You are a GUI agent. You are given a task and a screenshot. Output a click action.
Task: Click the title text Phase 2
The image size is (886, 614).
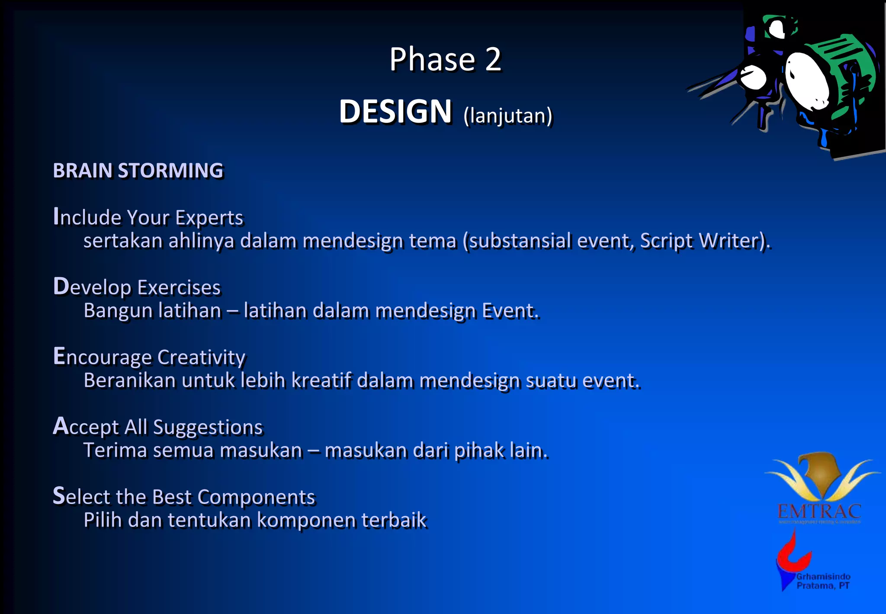click(x=445, y=59)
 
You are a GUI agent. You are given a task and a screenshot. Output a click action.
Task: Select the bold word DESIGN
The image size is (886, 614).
click(x=395, y=112)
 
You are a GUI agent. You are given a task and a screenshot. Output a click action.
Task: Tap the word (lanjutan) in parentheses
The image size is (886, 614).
click(x=508, y=116)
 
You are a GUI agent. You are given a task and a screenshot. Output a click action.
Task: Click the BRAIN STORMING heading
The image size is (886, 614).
click(x=138, y=171)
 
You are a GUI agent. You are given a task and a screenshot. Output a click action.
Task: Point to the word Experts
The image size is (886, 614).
click(x=209, y=217)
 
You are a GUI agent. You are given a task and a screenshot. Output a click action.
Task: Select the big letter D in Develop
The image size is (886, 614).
click(x=61, y=286)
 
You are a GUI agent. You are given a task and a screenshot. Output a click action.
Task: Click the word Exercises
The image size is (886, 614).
click(x=179, y=288)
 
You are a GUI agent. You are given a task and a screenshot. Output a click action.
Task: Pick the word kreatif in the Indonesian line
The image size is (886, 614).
click(x=321, y=381)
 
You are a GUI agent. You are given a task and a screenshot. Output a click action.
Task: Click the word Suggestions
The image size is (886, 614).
click(x=208, y=427)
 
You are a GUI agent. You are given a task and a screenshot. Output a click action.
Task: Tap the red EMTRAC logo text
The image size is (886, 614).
click(x=819, y=512)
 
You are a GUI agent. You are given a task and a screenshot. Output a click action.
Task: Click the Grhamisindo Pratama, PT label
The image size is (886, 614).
click(x=823, y=581)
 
